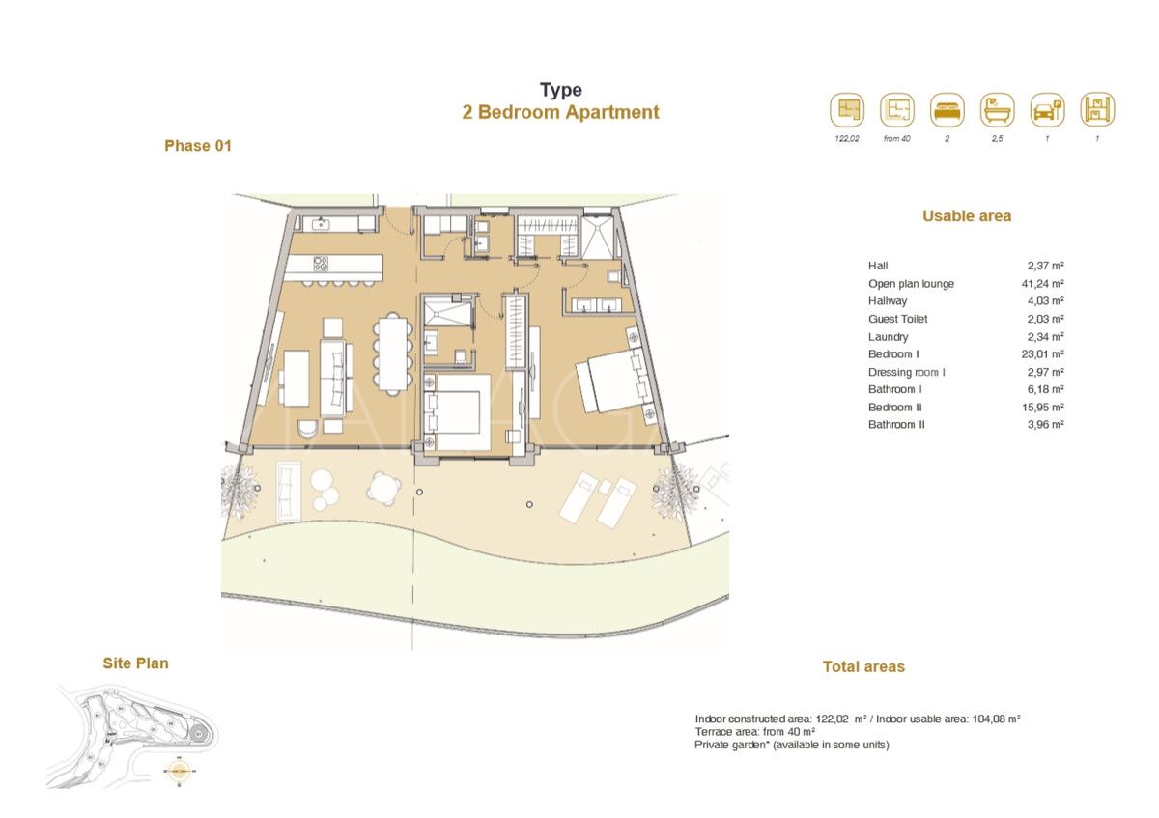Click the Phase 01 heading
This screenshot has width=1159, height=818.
(198, 146)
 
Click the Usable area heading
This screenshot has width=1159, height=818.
(966, 216)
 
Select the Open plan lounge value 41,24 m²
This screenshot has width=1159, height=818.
(1045, 284)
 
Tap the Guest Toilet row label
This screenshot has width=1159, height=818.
(897, 319)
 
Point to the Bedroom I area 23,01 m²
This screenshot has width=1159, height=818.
(1045, 354)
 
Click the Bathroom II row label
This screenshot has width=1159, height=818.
(896, 425)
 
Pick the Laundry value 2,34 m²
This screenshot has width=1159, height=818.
(1045, 337)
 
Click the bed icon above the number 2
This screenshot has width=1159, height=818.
(947, 110)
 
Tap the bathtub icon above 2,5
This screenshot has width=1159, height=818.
(997, 110)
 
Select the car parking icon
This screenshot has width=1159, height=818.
(1047, 110)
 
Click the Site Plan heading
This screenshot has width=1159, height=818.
(135, 663)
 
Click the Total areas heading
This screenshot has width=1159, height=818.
(863, 667)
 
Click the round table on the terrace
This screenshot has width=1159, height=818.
(384, 488)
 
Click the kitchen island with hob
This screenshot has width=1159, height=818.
(345, 265)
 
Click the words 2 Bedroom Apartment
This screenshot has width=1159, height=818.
(560, 112)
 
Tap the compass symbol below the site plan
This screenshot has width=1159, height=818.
(180, 772)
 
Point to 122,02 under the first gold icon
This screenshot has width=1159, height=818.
(847, 139)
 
